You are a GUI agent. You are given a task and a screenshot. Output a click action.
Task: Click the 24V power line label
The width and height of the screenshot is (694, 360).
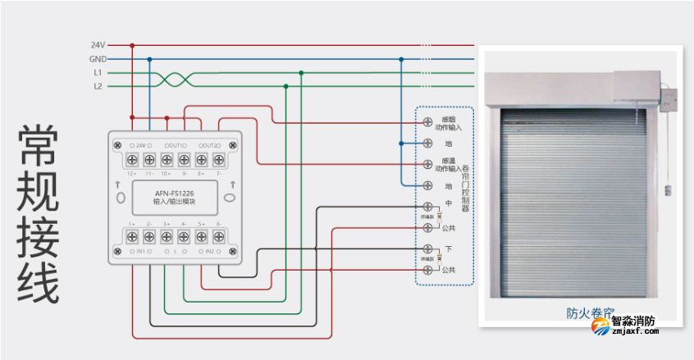(98, 45)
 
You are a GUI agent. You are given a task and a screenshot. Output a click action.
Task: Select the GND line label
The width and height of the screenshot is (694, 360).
(98, 59)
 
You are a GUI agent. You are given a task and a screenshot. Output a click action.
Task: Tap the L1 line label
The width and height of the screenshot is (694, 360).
(98, 72)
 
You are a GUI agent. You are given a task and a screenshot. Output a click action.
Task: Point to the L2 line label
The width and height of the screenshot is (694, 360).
(98, 85)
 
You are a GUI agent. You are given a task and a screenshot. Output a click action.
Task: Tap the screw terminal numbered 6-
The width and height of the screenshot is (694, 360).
(218, 238)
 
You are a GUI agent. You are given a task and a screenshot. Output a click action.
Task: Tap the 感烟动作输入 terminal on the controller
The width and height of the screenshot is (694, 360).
(427, 122)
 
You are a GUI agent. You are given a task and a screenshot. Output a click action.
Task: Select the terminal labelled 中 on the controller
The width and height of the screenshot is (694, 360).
(427, 206)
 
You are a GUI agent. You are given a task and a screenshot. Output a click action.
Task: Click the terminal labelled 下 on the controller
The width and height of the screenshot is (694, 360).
(427, 248)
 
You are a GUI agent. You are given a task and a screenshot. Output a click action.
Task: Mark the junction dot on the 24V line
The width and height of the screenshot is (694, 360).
(132, 46)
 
